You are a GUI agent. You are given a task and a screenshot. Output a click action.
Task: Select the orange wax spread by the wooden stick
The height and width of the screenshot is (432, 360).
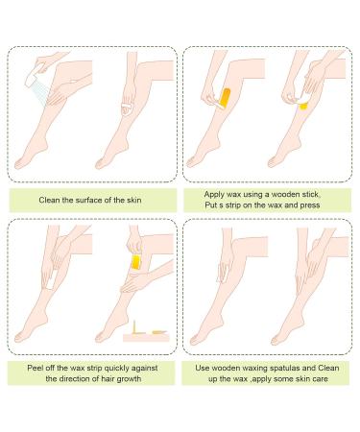coord(226,99)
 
